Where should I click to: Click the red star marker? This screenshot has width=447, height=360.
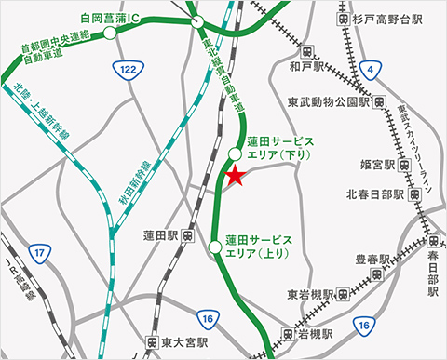pyautogui.click(x=234, y=175)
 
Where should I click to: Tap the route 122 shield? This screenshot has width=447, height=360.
pyautogui.click(x=127, y=69)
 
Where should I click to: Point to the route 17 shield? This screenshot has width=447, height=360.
pyautogui.click(x=38, y=254)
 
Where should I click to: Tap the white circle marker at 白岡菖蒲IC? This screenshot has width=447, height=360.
pyautogui.click(x=110, y=33)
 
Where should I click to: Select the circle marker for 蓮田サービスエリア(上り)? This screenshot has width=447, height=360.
pyautogui.click(x=216, y=247)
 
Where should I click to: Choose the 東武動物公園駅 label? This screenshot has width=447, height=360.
pyautogui.click(x=330, y=101)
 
